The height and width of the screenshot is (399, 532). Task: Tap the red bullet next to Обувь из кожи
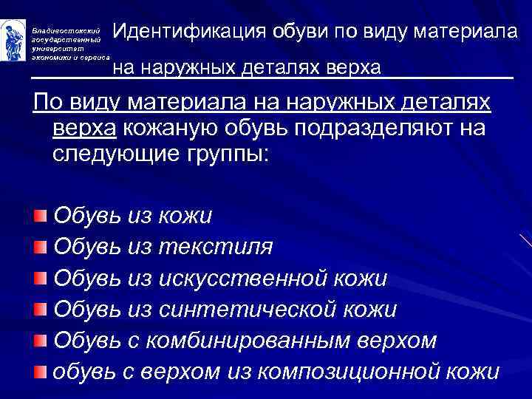coord(40,215)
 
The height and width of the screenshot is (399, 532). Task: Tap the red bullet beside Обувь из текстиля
coord(40,246)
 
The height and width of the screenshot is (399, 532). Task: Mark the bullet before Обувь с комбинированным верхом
coord(40,340)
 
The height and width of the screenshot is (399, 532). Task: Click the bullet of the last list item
coord(40,370)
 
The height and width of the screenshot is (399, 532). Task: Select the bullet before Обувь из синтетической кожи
coord(40,309)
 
